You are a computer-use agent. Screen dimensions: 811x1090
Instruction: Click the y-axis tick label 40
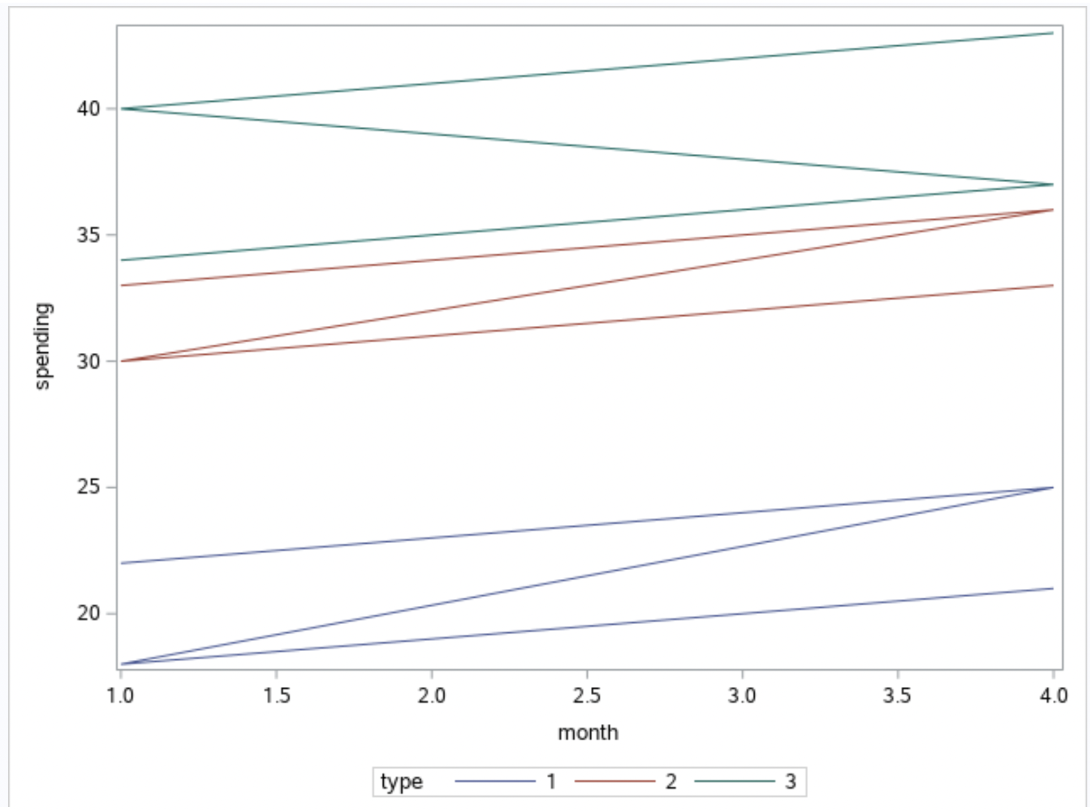click(x=88, y=109)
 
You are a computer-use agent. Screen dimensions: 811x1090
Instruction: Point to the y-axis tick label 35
click(x=88, y=235)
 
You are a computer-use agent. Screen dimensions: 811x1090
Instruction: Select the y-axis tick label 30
click(x=88, y=362)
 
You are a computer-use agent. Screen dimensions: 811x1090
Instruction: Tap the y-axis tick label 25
click(x=88, y=487)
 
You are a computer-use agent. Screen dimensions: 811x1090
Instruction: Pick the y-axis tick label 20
click(x=88, y=613)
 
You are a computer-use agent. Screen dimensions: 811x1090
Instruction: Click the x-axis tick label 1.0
click(x=121, y=695)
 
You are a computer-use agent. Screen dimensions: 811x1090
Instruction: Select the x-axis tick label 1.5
click(x=276, y=695)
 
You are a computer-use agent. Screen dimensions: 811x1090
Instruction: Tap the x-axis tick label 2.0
click(x=432, y=695)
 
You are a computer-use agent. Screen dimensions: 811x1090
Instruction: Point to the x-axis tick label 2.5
click(x=587, y=695)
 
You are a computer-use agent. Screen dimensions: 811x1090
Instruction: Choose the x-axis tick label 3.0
click(x=742, y=695)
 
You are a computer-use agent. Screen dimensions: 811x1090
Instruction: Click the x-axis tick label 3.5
click(x=898, y=695)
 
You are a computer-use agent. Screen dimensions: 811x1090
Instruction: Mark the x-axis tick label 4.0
click(x=1053, y=695)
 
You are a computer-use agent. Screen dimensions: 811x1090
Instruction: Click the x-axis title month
click(x=587, y=733)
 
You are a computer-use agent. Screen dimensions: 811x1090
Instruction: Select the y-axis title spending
click(x=42, y=346)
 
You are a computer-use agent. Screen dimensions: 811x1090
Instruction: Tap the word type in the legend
click(x=401, y=781)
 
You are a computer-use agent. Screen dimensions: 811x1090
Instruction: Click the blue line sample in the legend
click(x=495, y=782)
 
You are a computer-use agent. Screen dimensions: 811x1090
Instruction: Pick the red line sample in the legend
click(x=614, y=782)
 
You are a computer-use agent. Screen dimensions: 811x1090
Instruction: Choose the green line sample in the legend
click(x=735, y=782)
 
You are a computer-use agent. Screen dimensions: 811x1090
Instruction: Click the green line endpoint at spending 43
click(x=1052, y=33)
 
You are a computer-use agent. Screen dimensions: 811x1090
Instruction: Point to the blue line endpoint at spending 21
click(x=1052, y=588)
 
